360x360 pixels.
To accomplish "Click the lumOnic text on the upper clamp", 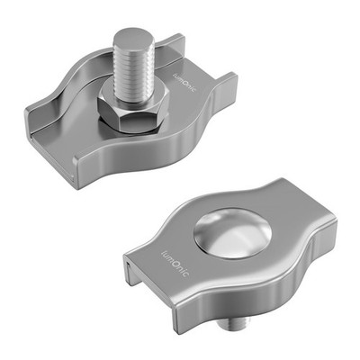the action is (184, 83).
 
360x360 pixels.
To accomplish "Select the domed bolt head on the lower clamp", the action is (232, 233).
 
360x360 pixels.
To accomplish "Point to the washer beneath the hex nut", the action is (132, 128).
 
